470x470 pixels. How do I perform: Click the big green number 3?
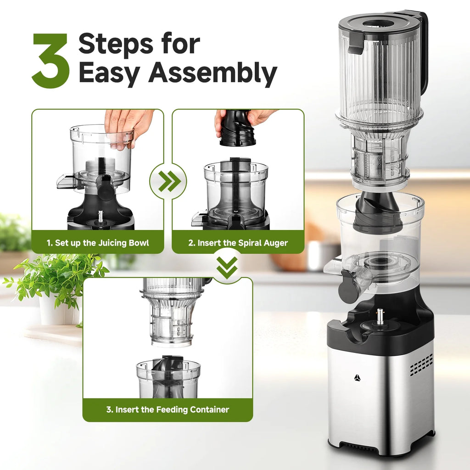point(51,61)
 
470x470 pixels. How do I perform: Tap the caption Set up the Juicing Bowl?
point(98,243)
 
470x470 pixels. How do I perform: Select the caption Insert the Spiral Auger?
point(238,243)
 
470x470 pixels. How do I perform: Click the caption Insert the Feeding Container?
point(168,409)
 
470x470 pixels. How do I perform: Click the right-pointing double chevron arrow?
point(168,182)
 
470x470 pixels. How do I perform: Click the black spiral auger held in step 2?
point(237,129)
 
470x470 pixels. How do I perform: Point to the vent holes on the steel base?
point(421,365)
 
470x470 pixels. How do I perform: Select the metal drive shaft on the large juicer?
point(380,316)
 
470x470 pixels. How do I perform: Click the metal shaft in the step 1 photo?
point(101,216)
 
